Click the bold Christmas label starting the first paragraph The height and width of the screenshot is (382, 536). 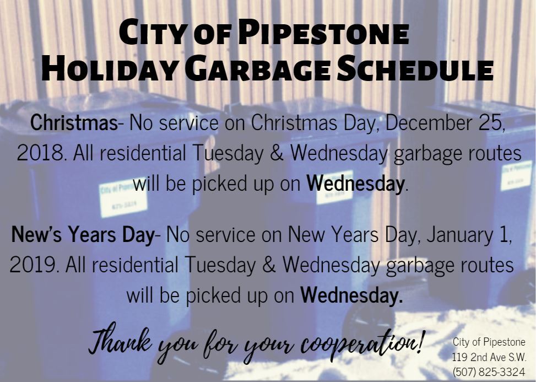pyautogui.click(x=73, y=122)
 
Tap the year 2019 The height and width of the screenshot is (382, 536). pyautogui.click(x=34, y=265)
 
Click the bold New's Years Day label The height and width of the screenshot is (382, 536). pyautogui.click(x=82, y=235)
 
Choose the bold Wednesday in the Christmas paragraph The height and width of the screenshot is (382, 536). pyautogui.click(x=355, y=183)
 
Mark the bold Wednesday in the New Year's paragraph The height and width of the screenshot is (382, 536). pyautogui.click(x=351, y=295)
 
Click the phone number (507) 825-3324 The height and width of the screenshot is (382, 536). pyautogui.click(x=489, y=371)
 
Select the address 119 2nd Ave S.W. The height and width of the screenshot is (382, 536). pyautogui.click(x=489, y=357)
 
